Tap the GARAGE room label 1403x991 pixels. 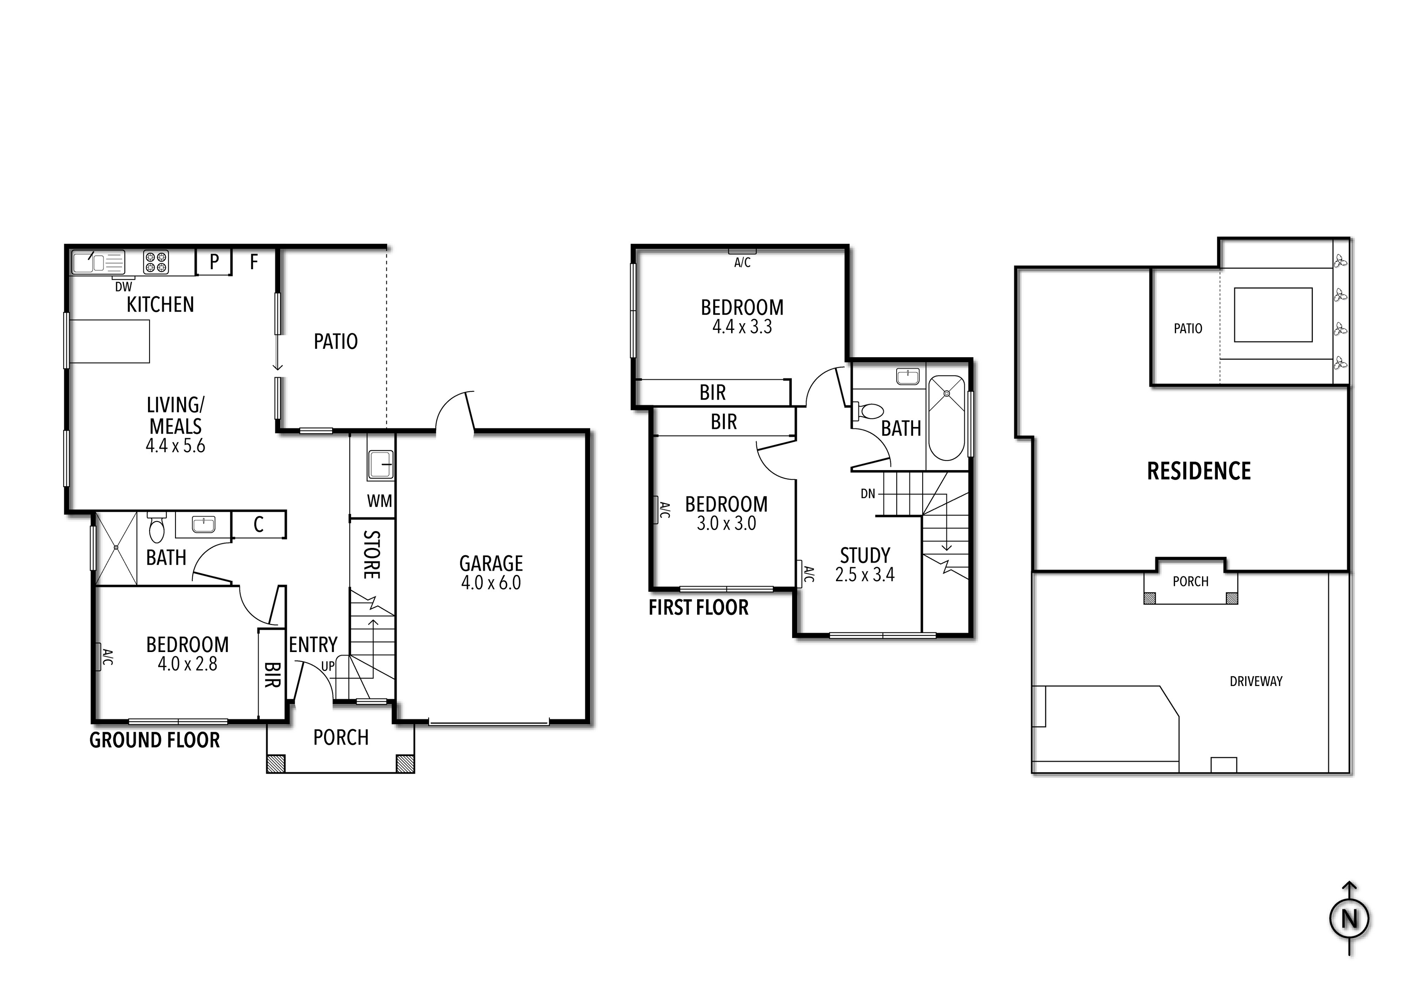[x=491, y=563]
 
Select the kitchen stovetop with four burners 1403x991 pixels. [x=156, y=262]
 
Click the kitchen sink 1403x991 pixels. [x=98, y=263]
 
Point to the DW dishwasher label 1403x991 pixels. [x=123, y=286]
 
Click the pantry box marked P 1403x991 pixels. [x=214, y=262]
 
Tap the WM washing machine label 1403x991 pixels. [x=380, y=501]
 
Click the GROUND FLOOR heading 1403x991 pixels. [x=155, y=740]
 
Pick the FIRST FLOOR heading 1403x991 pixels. [x=699, y=608]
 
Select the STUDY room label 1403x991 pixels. [x=865, y=555]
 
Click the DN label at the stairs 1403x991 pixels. [x=868, y=493]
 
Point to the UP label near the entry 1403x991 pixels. [x=328, y=667]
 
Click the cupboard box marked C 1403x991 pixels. [x=258, y=524]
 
